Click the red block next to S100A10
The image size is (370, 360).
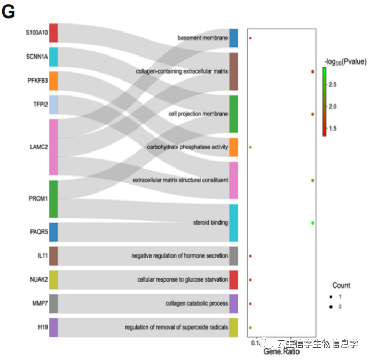(53, 33)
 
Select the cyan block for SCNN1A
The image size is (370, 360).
(53, 57)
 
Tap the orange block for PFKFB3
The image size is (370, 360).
(53, 81)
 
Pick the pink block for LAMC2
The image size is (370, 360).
(53, 147)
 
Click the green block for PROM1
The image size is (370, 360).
(53, 199)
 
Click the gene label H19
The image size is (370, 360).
(43, 327)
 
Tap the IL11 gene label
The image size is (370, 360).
(43, 256)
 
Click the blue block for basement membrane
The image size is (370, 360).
(233, 38)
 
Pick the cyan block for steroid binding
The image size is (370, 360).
(233, 222)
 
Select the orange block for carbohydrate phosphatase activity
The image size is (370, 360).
(233, 147)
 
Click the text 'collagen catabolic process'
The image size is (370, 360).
(196, 303)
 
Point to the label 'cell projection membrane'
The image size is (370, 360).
(198, 114)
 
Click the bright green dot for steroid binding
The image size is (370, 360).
(312, 222)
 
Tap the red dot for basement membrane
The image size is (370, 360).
(250, 38)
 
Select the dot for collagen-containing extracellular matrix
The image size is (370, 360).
(312, 71)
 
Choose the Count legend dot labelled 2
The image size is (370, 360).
(332, 307)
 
